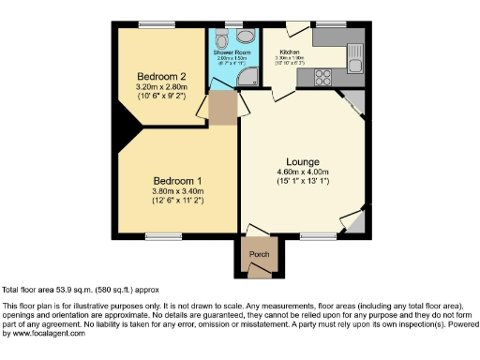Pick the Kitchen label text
[x=291, y=52]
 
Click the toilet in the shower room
[x=220, y=37]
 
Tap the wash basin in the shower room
[x=246, y=35]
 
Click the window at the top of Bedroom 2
[x=153, y=25]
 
